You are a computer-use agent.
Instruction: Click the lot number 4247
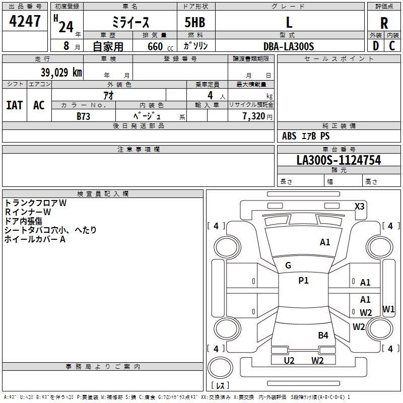click(x=25, y=21)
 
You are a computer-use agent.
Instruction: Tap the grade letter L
click(x=289, y=22)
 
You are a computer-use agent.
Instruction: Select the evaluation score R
click(x=384, y=23)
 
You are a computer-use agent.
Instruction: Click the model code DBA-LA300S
click(x=289, y=46)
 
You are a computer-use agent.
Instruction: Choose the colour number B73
click(x=84, y=116)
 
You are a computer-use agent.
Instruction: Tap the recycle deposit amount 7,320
click(x=253, y=116)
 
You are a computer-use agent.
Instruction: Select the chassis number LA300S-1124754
click(x=339, y=161)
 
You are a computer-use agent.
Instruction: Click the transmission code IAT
click(x=14, y=105)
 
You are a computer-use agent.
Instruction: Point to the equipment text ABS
click(x=289, y=136)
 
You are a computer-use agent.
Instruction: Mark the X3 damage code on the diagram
click(x=360, y=206)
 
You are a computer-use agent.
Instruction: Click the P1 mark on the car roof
click(x=303, y=281)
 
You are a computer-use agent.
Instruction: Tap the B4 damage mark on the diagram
click(x=323, y=335)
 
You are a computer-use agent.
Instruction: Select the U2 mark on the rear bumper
click(x=289, y=360)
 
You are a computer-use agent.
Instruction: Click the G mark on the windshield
click(x=288, y=265)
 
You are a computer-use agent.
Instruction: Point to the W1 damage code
click(x=388, y=309)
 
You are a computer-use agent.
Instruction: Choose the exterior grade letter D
click(x=375, y=46)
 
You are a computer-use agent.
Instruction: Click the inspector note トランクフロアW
click(x=36, y=203)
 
